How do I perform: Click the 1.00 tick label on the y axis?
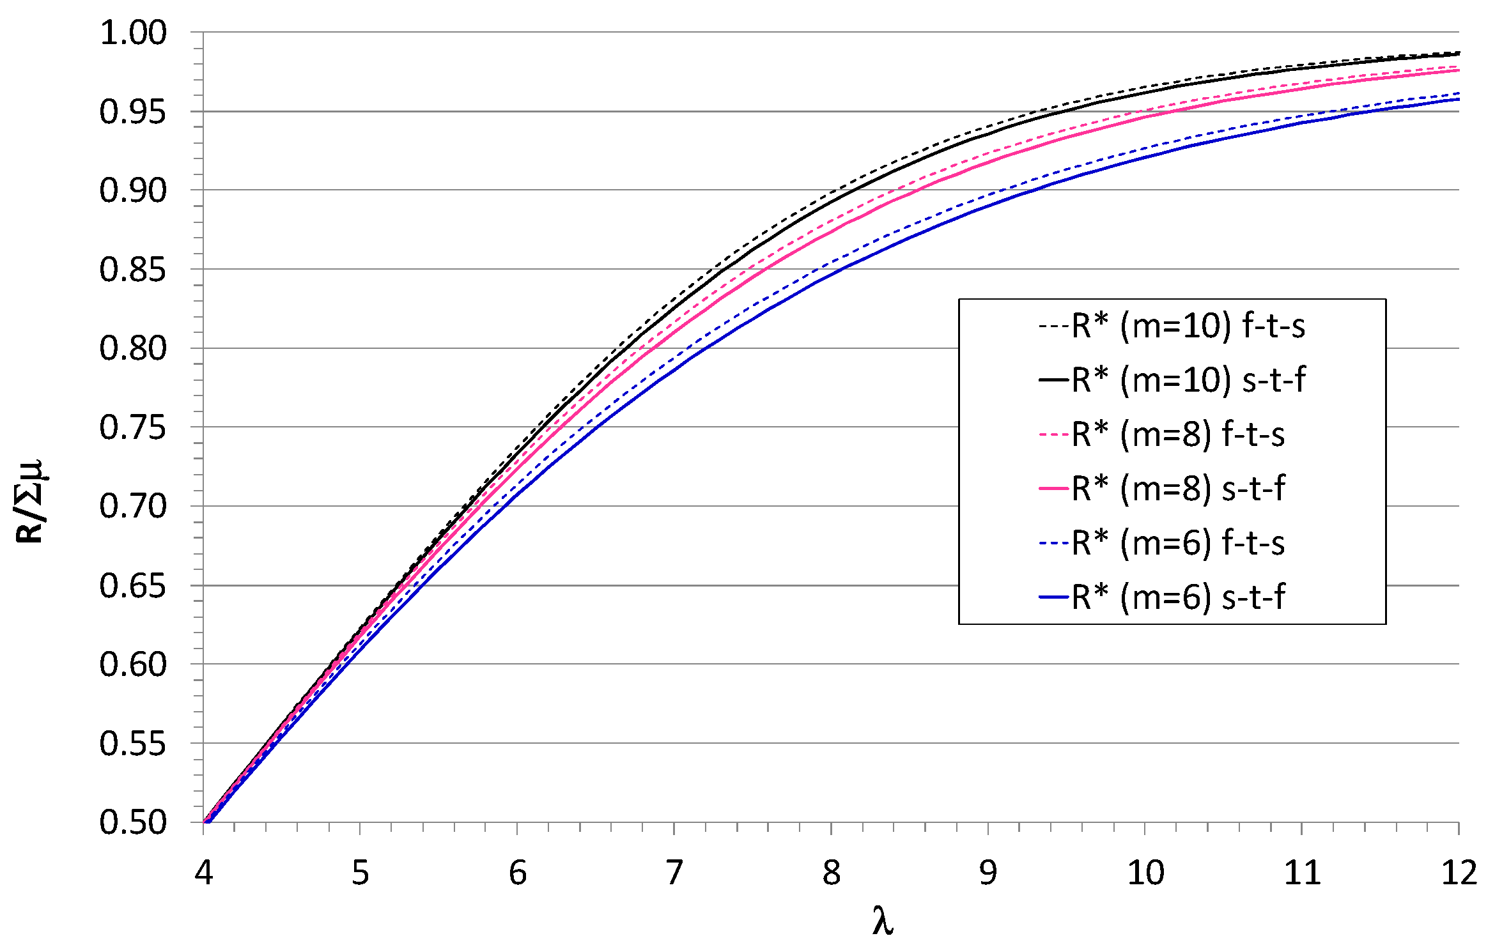coord(133,33)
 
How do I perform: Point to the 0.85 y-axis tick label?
coord(133,270)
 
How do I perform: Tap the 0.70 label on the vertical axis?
coord(133,507)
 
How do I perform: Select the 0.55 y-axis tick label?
coord(133,744)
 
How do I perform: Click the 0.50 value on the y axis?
coord(133,822)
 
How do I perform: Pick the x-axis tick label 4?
coord(204,873)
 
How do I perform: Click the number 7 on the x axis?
coord(674,873)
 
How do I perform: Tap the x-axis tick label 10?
coord(1145,873)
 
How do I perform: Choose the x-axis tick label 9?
coord(988,873)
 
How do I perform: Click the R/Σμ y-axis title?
coord(31,502)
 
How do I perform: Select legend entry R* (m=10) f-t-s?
coord(1188,326)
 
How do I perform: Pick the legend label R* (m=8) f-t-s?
coord(1178,435)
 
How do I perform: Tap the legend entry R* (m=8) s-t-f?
coord(1178,489)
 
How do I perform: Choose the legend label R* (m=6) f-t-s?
coord(1178,544)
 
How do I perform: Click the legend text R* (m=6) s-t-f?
coord(1178,598)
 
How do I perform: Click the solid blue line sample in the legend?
coord(1054,598)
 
